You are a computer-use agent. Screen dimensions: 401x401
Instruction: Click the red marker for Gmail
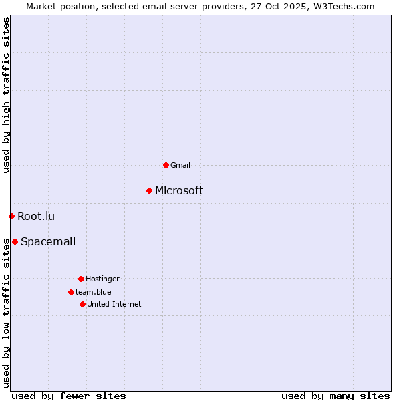pyautogui.click(x=166, y=165)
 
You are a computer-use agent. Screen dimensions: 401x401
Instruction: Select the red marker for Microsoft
pyautogui.click(x=149, y=191)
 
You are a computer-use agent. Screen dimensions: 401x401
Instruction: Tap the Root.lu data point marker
pyautogui.click(x=11, y=216)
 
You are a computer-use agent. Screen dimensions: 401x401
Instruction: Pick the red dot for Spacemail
pyautogui.click(x=15, y=241)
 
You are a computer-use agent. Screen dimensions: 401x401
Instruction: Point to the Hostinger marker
pyautogui.click(x=81, y=279)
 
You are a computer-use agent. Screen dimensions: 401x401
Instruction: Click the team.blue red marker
pyautogui.click(x=71, y=292)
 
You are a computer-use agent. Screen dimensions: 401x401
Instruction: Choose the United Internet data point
pyautogui.click(x=82, y=304)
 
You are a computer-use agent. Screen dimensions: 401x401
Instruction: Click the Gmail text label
pyautogui.click(x=180, y=165)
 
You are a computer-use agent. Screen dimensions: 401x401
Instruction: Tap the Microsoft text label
pyautogui.click(x=179, y=191)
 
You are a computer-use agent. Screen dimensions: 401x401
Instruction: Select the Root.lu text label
pyautogui.click(x=36, y=216)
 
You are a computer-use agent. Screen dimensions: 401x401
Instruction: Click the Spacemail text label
pyautogui.click(x=48, y=241)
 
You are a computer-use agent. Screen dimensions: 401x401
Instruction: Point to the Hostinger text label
pyautogui.click(x=102, y=279)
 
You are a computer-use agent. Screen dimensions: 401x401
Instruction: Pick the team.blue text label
pyautogui.click(x=94, y=292)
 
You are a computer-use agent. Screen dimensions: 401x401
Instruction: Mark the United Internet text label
pyautogui.click(x=114, y=304)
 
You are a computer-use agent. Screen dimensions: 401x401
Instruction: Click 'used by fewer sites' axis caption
pyautogui.click(x=69, y=396)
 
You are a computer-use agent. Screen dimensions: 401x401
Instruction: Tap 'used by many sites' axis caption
pyautogui.click(x=336, y=396)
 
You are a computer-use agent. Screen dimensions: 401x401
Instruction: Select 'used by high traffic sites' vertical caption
pyautogui.click(x=6, y=95)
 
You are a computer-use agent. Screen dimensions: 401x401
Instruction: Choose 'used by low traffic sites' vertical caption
pyautogui.click(x=6, y=312)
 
